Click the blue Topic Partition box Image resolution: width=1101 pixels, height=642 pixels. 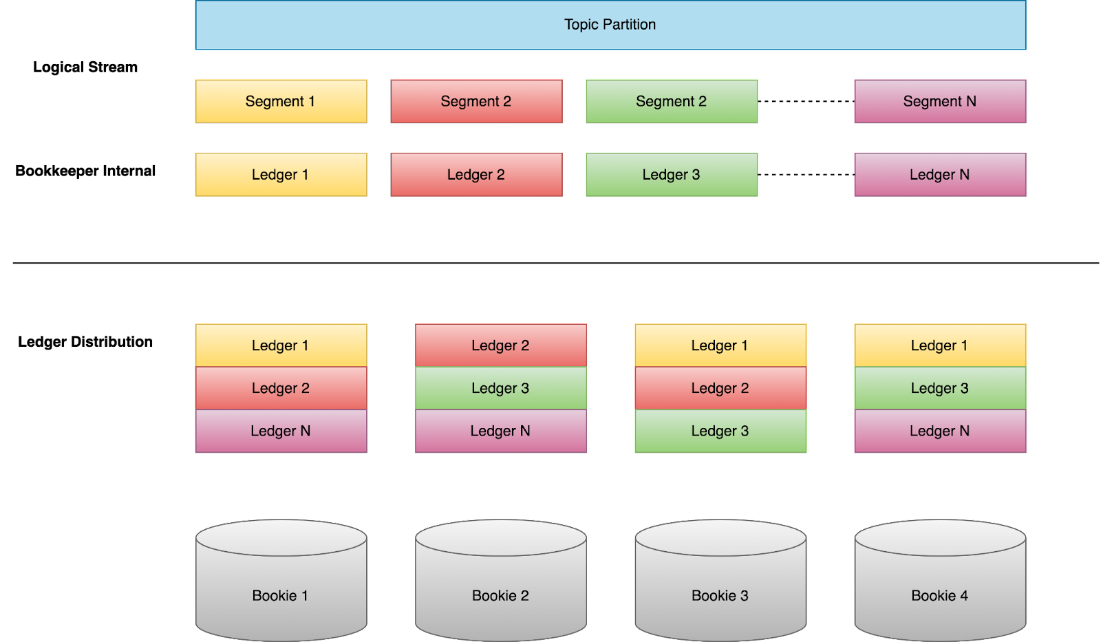[x=610, y=25]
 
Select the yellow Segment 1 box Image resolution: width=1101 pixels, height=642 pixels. [x=281, y=101]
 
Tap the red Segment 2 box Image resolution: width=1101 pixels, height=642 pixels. [x=476, y=101]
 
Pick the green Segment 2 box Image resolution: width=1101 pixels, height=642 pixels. [x=672, y=101]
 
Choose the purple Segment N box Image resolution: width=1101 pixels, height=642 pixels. [x=940, y=101]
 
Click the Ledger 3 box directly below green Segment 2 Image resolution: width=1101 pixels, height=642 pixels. [x=672, y=175]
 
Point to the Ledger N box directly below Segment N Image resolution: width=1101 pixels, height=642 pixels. [x=940, y=175]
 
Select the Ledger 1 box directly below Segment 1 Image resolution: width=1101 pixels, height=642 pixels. [x=281, y=175]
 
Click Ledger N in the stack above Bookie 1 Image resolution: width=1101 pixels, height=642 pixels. [x=281, y=431]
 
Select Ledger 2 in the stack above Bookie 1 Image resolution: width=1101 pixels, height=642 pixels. [x=281, y=388]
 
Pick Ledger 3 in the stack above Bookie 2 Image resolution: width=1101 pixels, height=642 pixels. [x=501, y=388]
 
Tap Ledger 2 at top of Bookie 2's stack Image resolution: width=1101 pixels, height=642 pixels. [x=501, y=345]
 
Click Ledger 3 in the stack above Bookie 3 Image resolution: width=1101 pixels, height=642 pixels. [x=720, y=431]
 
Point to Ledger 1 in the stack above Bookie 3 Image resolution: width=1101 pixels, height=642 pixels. [x=720, y=345]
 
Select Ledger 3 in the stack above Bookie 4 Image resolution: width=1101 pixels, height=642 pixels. [x=940, y=388]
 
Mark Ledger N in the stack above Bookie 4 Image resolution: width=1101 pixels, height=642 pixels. [x=940, y=431]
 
